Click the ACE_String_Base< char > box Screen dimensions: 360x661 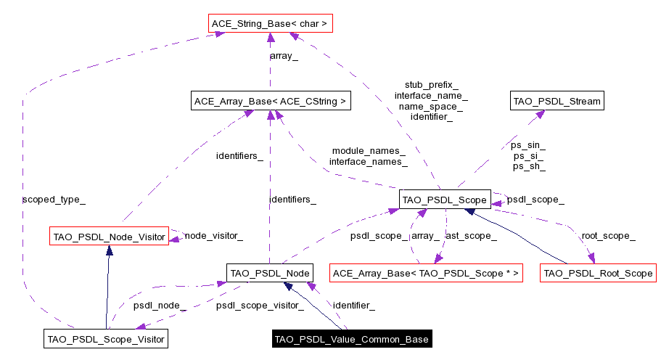tap(269, 24)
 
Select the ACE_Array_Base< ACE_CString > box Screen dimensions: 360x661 tap(270, 102)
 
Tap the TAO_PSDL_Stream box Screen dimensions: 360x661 tap(557, 102)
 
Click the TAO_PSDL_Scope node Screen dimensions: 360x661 tap(444, 199)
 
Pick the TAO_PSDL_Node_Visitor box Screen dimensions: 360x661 tap(108, 235)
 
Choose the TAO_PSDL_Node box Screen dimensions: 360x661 tap(270, 273)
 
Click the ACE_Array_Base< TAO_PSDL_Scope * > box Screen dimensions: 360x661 tap(426, 274)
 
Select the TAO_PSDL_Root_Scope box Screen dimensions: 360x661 tap(598, 274)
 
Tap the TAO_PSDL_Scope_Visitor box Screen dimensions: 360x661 tap(106, 338)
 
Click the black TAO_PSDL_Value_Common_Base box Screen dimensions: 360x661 tap(352, 339)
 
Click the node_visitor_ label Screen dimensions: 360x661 tap(213, 235)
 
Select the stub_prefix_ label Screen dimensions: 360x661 tap(431, 84)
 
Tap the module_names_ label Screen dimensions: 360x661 tap(368, 150)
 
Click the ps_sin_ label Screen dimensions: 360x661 tap(529, 145)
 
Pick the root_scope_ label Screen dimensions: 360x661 tap(608, 235)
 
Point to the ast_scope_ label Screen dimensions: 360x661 tap(471, 235)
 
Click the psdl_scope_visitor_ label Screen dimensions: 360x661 tap(260, 306)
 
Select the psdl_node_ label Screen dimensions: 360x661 tap(160, 306)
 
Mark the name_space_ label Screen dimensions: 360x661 tap(431, 106)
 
